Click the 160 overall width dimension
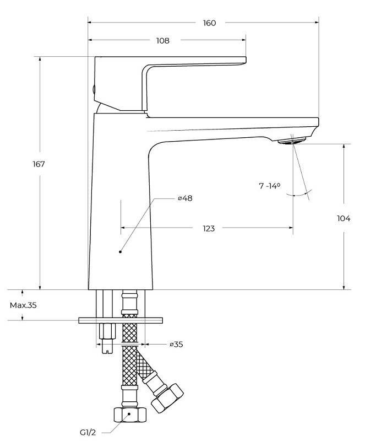coord(209,23)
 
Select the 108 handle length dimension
coord(162,41)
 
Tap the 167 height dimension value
coord(39,164)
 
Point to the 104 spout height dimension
coord(343,218)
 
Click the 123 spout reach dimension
coord(208,228)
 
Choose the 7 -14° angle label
coord(270,186)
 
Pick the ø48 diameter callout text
coord(184,198)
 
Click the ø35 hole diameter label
coord(176,345)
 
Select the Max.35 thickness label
coord(23,305)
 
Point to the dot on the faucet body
coord(120,251)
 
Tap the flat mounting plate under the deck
coord(121,320)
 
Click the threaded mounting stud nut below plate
coord(107,332)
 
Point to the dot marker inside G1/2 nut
coord(129,413)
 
